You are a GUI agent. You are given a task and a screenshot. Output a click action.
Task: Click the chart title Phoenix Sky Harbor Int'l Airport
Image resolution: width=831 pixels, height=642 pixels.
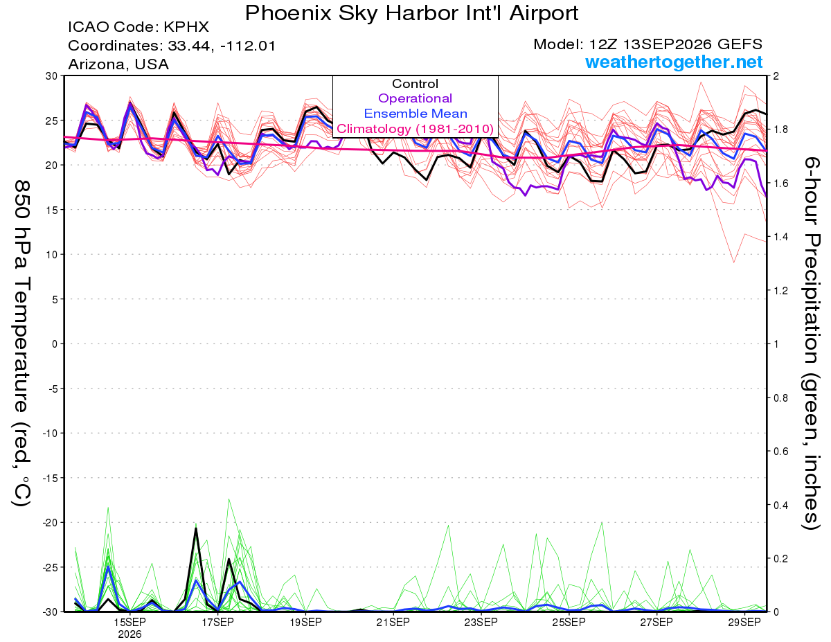(x=411, y=13)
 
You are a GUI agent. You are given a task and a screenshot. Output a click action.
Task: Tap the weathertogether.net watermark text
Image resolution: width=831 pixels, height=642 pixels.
(x=674, y=62)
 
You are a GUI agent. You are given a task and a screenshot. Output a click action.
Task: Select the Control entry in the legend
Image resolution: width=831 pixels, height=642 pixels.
(x=415, y=84)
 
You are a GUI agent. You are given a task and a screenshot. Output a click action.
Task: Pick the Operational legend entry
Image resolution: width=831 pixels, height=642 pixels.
(x=415, y=98)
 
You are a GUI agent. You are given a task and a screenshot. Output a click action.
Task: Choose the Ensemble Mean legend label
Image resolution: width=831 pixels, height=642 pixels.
(x=415, y=114)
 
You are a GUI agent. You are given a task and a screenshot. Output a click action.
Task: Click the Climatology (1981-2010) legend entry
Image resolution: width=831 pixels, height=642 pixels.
(x=415, y=129)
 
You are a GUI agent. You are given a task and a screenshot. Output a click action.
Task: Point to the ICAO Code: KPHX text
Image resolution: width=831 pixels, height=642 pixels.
(x=138, y=27)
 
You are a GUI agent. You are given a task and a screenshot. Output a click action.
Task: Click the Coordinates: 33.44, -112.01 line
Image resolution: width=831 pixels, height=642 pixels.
(x=172, y=46)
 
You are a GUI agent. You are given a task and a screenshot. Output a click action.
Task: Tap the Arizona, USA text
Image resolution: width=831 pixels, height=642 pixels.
(x=118, y=64)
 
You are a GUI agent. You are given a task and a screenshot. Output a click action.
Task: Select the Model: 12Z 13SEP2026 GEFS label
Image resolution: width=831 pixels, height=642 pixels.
(x=647, y=44)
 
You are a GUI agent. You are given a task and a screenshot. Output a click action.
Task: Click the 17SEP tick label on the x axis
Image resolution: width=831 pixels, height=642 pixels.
(x=217, y=623)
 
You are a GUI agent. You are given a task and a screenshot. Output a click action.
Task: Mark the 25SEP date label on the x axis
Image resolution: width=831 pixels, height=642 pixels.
(x=569, y=623)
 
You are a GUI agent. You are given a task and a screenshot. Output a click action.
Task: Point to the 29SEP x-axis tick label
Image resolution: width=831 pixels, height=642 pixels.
(x=744, y=623)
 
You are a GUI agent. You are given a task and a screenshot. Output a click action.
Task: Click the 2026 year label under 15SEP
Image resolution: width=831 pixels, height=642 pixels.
(x=129, y=635)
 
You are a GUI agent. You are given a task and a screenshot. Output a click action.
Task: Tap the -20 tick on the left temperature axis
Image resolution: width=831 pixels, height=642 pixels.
(x=50, y=523)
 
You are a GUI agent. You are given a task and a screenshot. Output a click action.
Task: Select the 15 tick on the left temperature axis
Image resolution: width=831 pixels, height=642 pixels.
(x=52, y=210)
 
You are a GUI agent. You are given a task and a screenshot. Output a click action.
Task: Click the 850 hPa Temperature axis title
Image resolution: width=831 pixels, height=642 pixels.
(x=21, y=343)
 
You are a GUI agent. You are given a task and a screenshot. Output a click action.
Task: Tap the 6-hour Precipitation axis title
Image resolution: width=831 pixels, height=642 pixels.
(x=811, y=343)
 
